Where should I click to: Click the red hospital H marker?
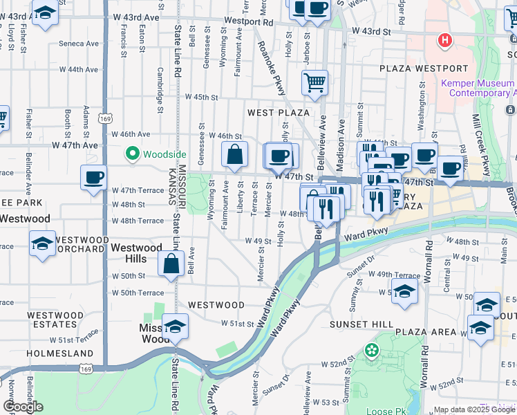[445, 40]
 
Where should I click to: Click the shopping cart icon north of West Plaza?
[314, 82]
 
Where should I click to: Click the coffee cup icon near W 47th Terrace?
[94, 177]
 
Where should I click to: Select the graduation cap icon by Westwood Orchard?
[43, 243]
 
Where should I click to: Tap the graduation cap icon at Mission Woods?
[176, 325]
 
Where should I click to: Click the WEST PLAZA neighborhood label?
[279, 112]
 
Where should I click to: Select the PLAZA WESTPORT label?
[424, 68]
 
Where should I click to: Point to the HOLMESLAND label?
[50, 353]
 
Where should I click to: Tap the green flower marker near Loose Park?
[373, 350]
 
